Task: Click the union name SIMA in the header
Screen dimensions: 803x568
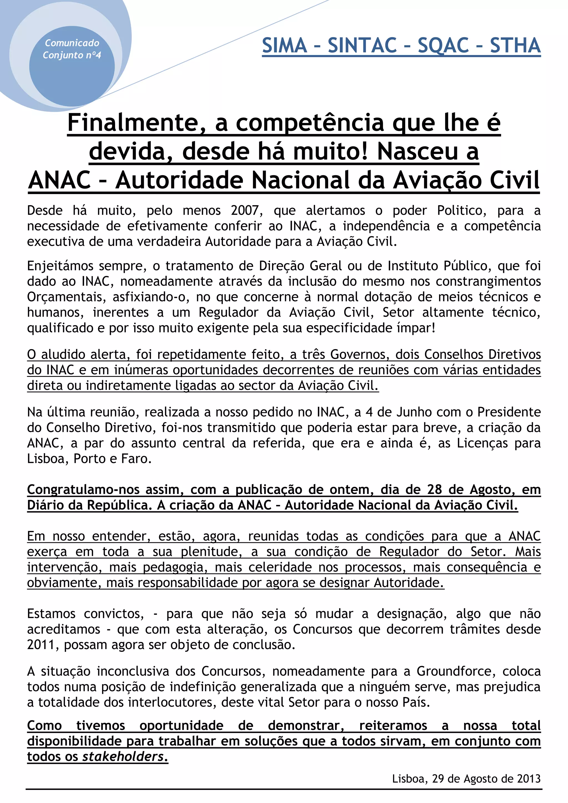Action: coord(284,45)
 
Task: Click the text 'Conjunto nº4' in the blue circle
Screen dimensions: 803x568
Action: coord(72,55)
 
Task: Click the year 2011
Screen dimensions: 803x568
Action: coord(42,645)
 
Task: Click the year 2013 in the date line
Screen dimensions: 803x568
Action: coord(529,779)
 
